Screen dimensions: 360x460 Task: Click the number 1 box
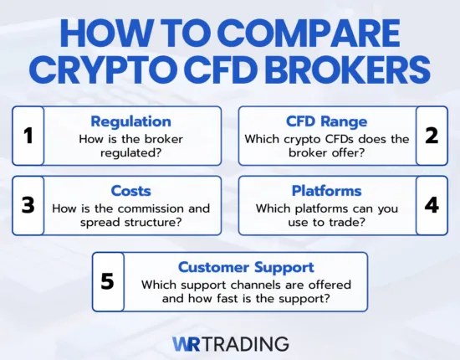coord(28,134)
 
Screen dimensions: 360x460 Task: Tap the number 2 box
coord(431,134)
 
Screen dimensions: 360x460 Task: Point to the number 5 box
coord(107,280)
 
